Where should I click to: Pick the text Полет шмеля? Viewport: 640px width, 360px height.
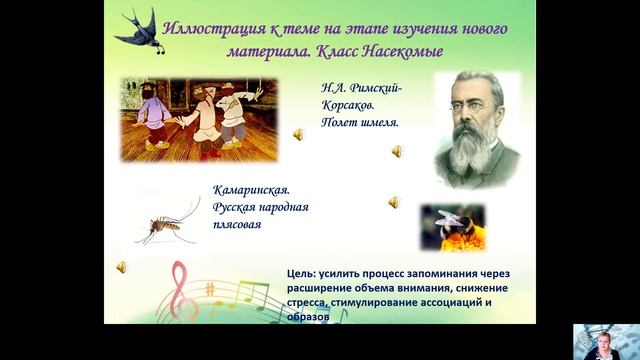coord(361,123)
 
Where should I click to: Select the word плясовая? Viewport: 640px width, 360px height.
coord(239,225)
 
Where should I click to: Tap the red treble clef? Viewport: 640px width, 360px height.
coord(180,290)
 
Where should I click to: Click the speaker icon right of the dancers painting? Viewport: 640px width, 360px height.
coord(298,134)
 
